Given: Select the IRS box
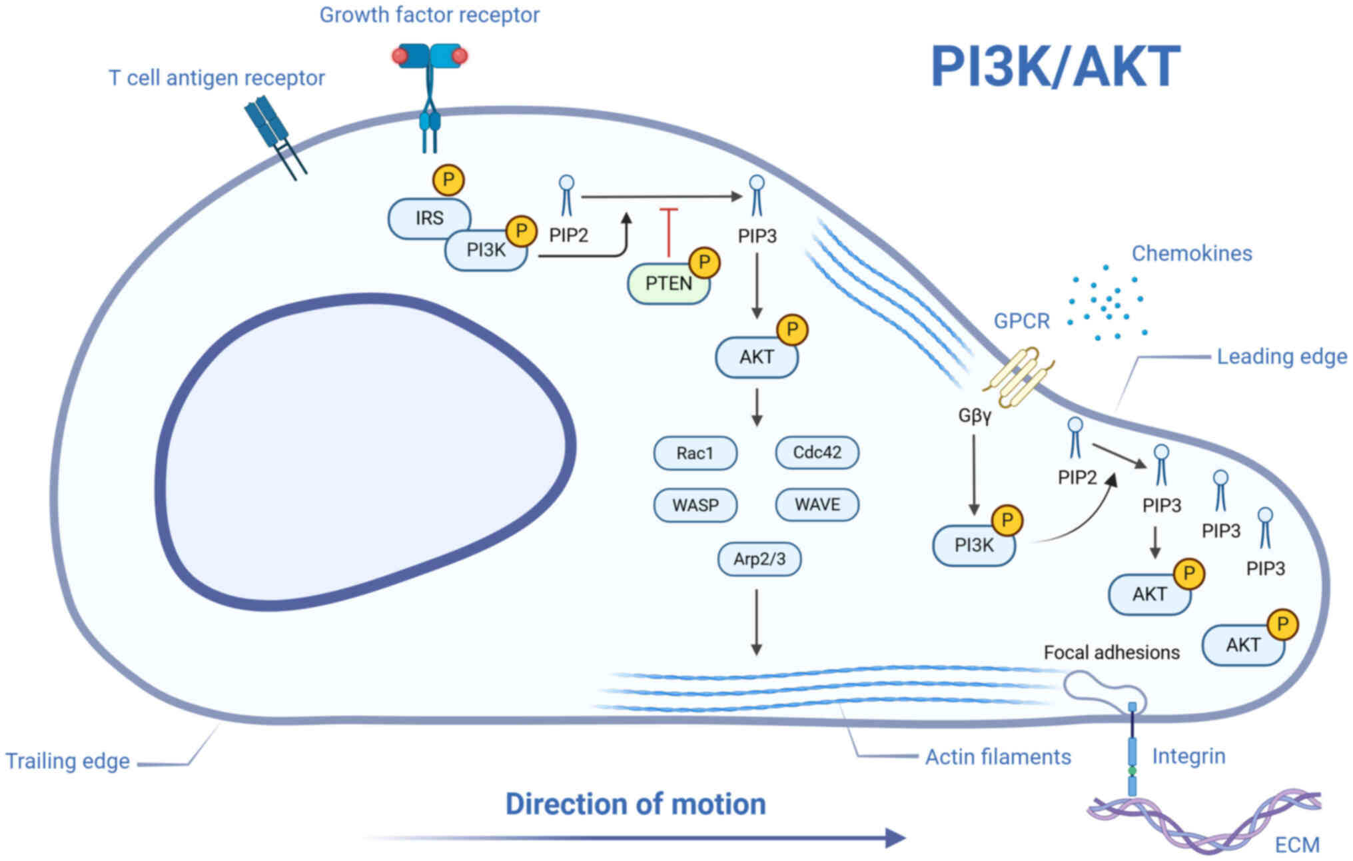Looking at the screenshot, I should [429, 218].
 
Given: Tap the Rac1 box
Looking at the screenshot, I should [695, 453].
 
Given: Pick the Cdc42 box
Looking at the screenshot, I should [817, 452].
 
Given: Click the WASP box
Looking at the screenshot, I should [695, 505].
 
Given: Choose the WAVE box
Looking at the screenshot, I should [817, 504].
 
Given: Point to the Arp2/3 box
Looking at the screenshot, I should [759, 558].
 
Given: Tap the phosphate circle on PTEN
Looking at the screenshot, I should [704, 263].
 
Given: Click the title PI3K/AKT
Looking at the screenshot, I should [1055, 67].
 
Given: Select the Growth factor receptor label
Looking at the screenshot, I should [429, 15].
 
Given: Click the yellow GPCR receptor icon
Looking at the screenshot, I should [1017, 377].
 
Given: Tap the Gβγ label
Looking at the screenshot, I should [974, 416].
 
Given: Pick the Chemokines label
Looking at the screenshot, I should [1192, 253].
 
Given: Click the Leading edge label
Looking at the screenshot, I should [1281, 357].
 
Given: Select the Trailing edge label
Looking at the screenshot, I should [67, 761].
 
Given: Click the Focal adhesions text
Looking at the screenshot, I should [1111, 652].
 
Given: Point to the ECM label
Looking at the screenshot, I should [1296, 845].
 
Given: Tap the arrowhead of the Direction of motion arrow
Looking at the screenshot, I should [896, 838].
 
